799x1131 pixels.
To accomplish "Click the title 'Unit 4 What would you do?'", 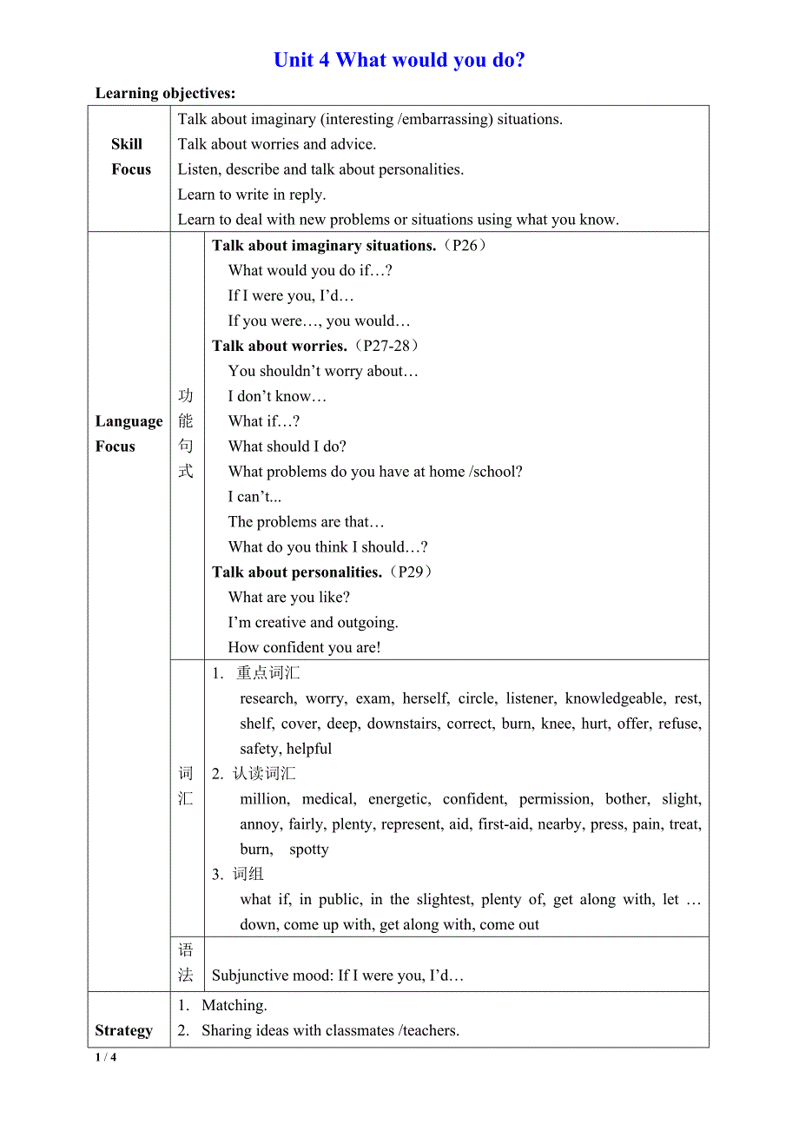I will click(x=399, y=60).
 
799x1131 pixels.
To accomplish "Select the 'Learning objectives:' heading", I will click(x=165, y=93).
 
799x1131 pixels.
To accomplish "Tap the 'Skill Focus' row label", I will click(x=130, y=156).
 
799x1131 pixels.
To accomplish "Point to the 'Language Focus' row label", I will click(x=129, y=433).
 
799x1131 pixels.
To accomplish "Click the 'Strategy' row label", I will click(x=123, y=1030).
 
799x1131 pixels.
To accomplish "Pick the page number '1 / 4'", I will click(x=105, y=1057).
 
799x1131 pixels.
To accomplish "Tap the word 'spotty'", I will click(x=309, y=849).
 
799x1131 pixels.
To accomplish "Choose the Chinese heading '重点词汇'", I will click(x=267, y=672).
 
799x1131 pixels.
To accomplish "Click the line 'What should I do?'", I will click(x=287, y=446).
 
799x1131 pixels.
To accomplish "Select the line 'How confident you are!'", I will click(x=304, y=647).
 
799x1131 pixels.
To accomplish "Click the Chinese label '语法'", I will click(x=186, y=962).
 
